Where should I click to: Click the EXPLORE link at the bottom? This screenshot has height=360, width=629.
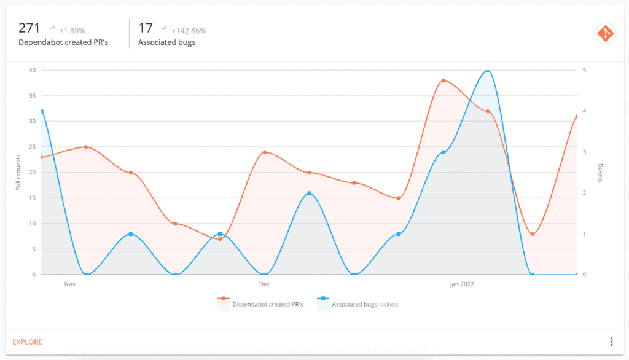[27, 342]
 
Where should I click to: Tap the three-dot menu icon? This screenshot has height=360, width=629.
[611, 342]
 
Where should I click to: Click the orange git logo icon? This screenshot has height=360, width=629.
[605, 34]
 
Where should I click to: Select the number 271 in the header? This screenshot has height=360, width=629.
[29, 28]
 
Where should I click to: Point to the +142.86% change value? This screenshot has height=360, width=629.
[189, 31]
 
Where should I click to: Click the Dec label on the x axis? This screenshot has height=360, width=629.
[265, 284]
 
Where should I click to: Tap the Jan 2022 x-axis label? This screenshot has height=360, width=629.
[462, 284]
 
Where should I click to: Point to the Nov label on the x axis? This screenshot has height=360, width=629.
[69, 284]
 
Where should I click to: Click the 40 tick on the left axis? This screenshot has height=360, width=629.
[31, 70]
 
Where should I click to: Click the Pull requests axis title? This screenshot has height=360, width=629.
[18, 173]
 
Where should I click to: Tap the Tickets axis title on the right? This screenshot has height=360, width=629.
[600, 173]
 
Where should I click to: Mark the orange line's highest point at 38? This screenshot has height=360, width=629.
[443, 80]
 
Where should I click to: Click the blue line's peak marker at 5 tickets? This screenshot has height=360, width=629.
[488, 71]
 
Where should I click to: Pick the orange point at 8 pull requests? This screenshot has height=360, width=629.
[533, 234]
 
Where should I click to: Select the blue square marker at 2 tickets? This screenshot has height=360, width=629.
[309, 193]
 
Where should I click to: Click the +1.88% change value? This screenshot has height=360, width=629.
[72, 31]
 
